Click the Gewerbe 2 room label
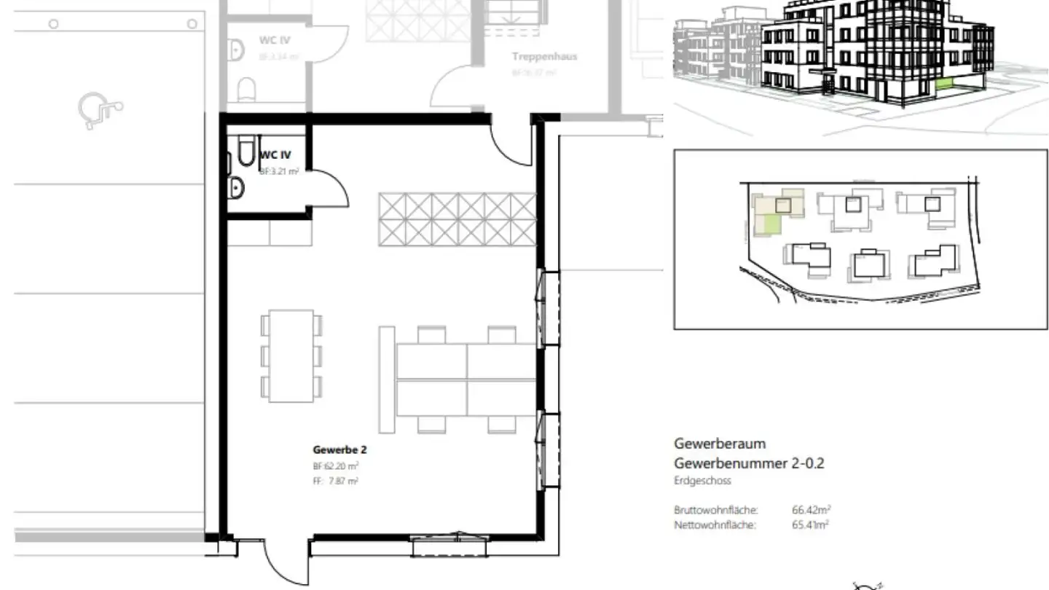coord(339,450)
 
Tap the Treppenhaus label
coord(544,57)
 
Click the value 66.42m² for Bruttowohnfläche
coord(810,510)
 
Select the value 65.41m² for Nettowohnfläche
coord(810,524)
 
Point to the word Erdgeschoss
coord(702,481)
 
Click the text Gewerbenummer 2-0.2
coord(749,463)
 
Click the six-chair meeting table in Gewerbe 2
coord(291,355)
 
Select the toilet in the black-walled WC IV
coord(243,151)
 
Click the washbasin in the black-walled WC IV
coord(236,188)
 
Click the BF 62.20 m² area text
coord(335,466)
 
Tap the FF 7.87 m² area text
coord(335,481)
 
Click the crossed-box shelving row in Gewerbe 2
coord(457,219)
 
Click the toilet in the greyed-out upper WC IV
coord(248,90)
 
